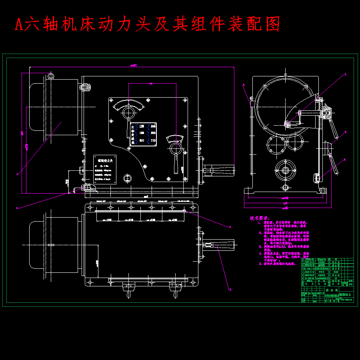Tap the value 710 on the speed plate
pos(152,141)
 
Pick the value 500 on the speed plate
pos(152,134)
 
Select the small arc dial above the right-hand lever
pos(174,139)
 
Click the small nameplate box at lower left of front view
pos(105,169)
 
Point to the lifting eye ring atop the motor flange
pos(50,76)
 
